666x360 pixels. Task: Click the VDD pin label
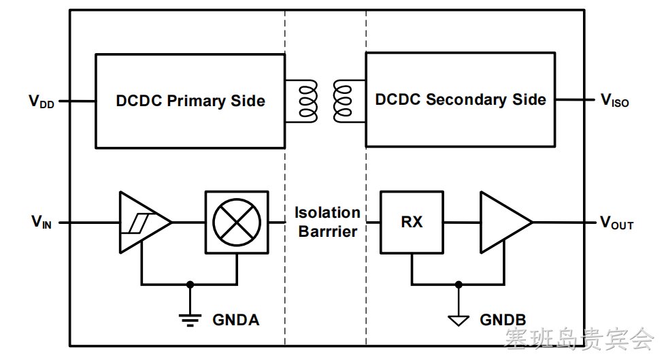click(x=41, y=101)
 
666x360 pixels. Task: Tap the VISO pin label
click(x=614, y=100)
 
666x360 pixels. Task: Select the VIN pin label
click(x=41, y=222)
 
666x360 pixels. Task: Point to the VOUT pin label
click(x=616, y=223)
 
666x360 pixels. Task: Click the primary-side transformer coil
click(x=308, y=101)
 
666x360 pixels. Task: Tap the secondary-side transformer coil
click(x=342, y=101)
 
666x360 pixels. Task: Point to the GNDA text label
click(x=236, y=320)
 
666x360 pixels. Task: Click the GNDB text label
click(x=503, y=320)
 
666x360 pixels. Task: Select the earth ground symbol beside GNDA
click(x=190, y=320)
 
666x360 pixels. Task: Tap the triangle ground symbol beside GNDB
click(x=459, y=321)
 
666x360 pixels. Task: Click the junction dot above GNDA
click(x=190, y=284)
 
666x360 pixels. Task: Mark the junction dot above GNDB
click(x=459, y=284)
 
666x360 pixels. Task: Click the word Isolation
click(x=327, y=212)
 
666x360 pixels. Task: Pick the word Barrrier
click(x=328, y=231)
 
